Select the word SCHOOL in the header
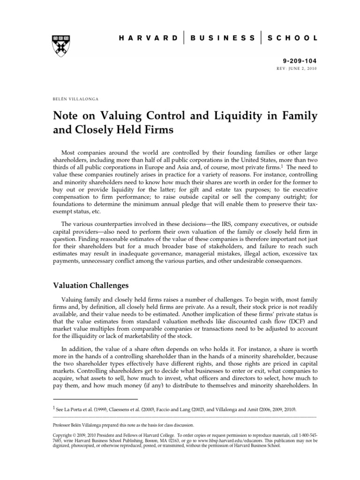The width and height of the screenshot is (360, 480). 292,38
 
